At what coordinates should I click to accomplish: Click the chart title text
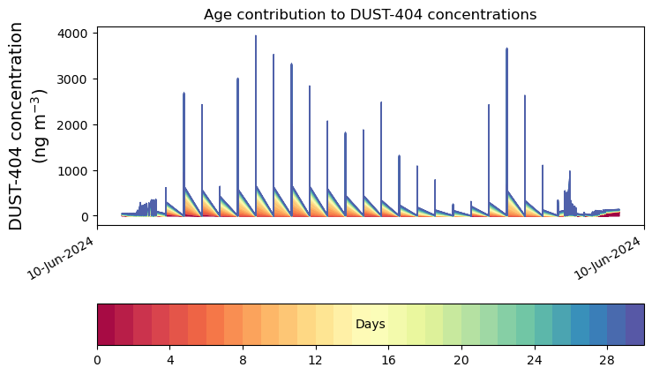[370, 14]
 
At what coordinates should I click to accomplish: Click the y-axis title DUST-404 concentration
[27, 126]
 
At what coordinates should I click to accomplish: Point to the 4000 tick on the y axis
[74, 34]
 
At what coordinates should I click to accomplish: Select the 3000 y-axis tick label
[74, 79]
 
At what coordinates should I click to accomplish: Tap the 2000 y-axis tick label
[74, 125]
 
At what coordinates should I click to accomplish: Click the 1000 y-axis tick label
[74, 171]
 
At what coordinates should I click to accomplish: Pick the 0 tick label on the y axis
[86, 217]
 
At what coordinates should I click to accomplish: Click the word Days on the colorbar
[371, 325]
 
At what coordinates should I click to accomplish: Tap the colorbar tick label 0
[97, 361]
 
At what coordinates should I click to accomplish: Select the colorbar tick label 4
[170, 361]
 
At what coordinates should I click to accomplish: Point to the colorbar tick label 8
[243, 361]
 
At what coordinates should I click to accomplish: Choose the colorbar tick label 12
[316, 361]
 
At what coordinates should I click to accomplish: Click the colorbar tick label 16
[389, 361]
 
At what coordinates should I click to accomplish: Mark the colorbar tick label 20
[461, 361]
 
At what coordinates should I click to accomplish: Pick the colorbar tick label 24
[535, 361]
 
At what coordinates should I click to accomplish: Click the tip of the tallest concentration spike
[256, 36]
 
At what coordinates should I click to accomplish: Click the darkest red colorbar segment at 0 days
[106, 325]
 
